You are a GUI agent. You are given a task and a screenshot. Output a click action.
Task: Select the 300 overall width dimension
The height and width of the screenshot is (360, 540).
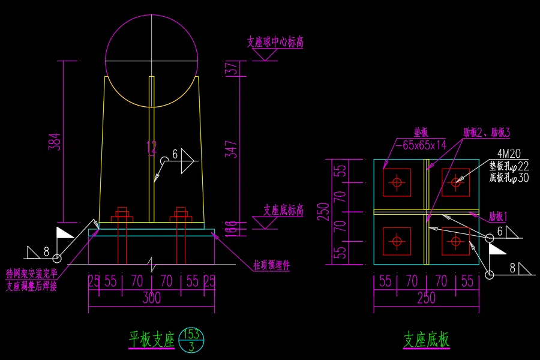click(x=151, y=298)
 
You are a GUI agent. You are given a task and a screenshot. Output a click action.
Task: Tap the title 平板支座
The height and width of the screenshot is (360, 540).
click(x=151, y=340)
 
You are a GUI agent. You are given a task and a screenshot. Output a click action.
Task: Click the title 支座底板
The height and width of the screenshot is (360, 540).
click(x=426, y=340)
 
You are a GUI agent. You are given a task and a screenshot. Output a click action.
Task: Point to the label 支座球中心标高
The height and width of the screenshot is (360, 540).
click(x=274, y=43)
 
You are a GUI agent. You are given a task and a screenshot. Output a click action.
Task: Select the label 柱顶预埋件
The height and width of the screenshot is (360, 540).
click(x=271, y=265)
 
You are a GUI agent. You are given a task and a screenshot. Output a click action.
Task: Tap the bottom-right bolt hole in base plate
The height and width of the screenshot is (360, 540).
click(x=456, y=241)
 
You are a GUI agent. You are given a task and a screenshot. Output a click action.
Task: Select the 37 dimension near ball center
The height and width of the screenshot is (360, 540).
click(x=229, y=68)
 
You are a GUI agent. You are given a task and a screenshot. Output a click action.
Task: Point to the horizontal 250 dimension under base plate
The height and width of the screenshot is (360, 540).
click(x=426, y=298)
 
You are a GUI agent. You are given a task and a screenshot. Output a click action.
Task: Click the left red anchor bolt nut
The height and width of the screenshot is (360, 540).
click(x=122, y=214)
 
